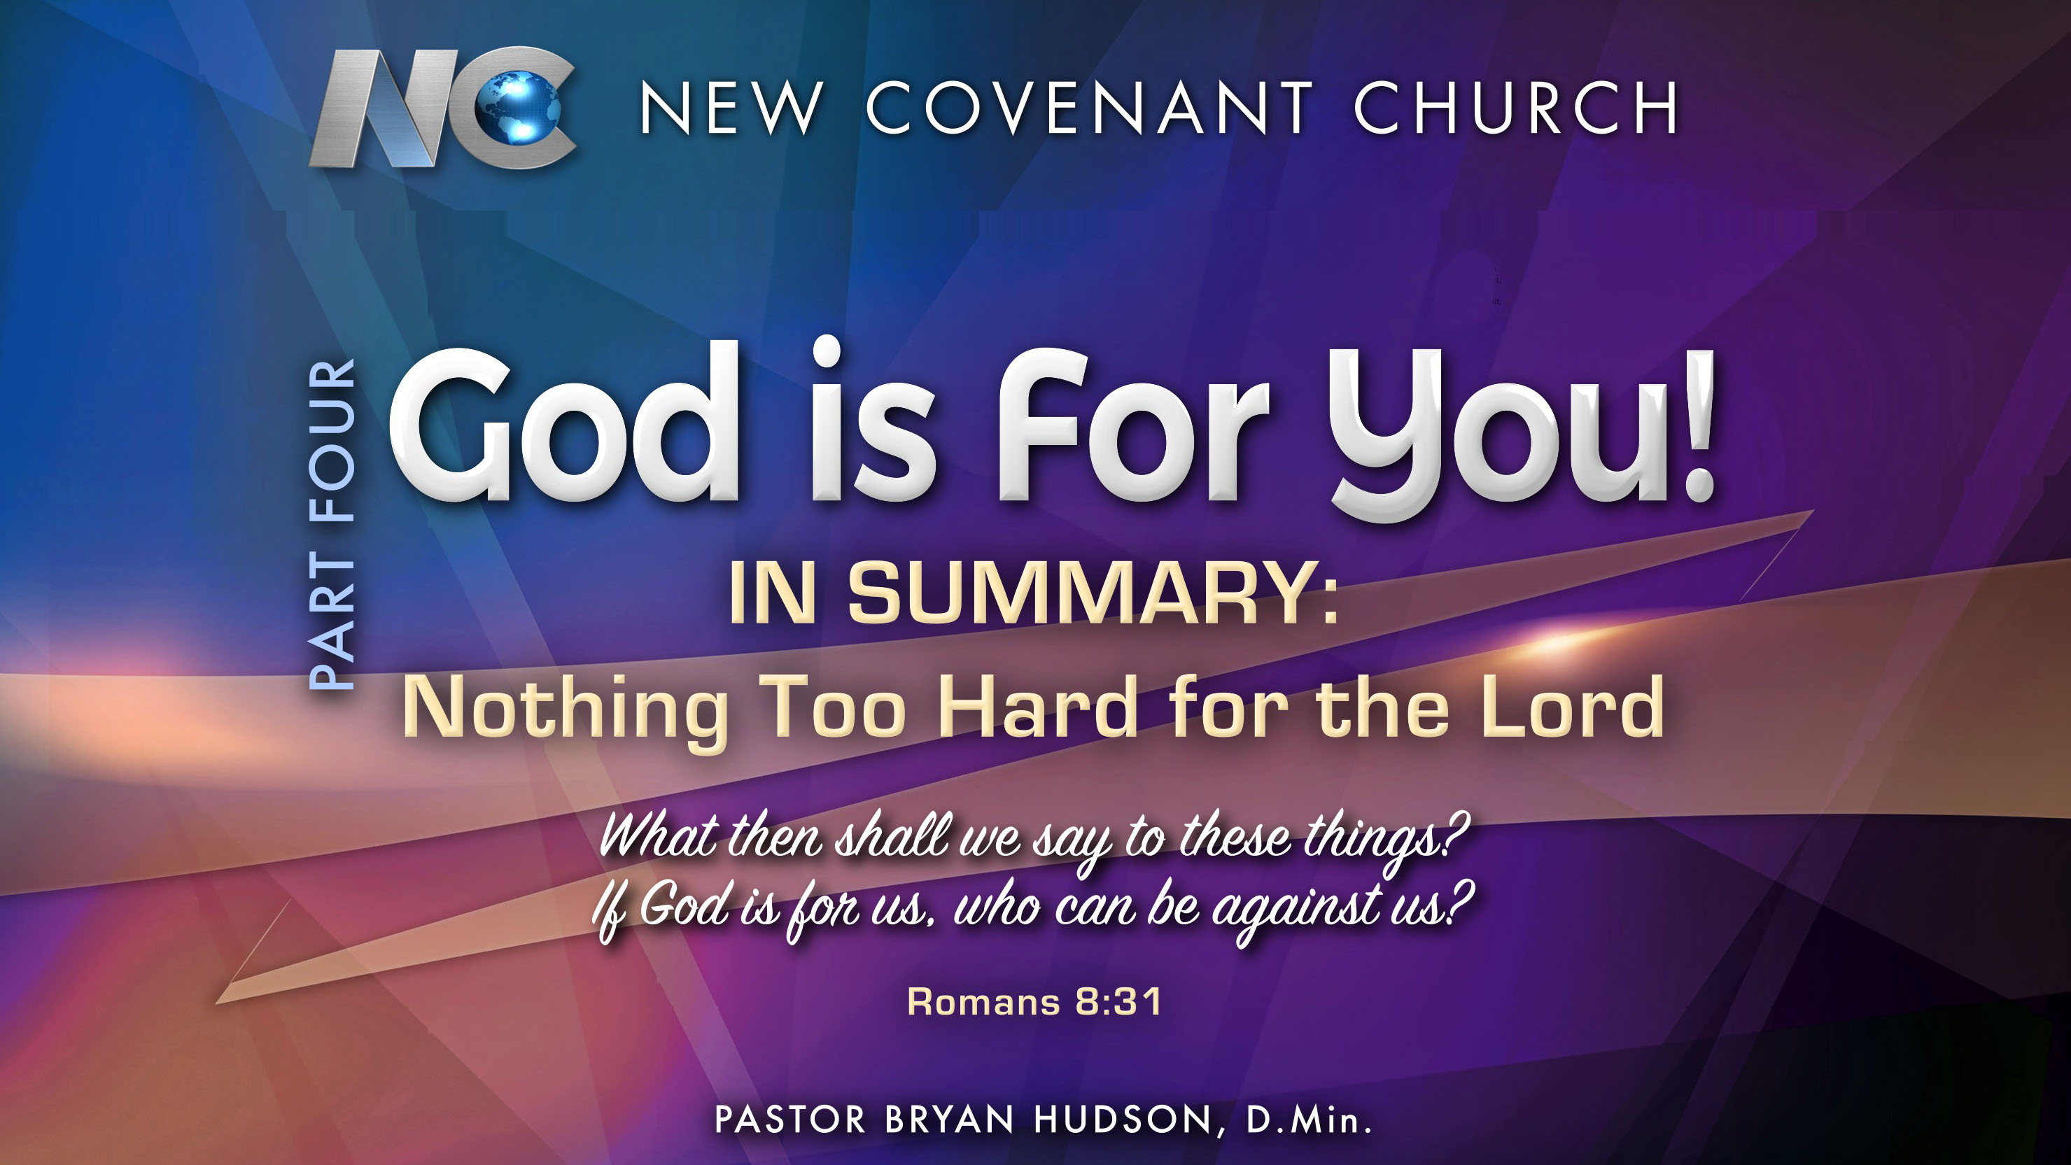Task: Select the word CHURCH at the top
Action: coord(1516,108)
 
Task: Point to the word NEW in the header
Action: coord(731,108)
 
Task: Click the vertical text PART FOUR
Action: coord(332,524)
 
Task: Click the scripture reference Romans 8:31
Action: coord(1034,1002)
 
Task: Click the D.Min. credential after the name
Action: coord(1309,1120)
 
